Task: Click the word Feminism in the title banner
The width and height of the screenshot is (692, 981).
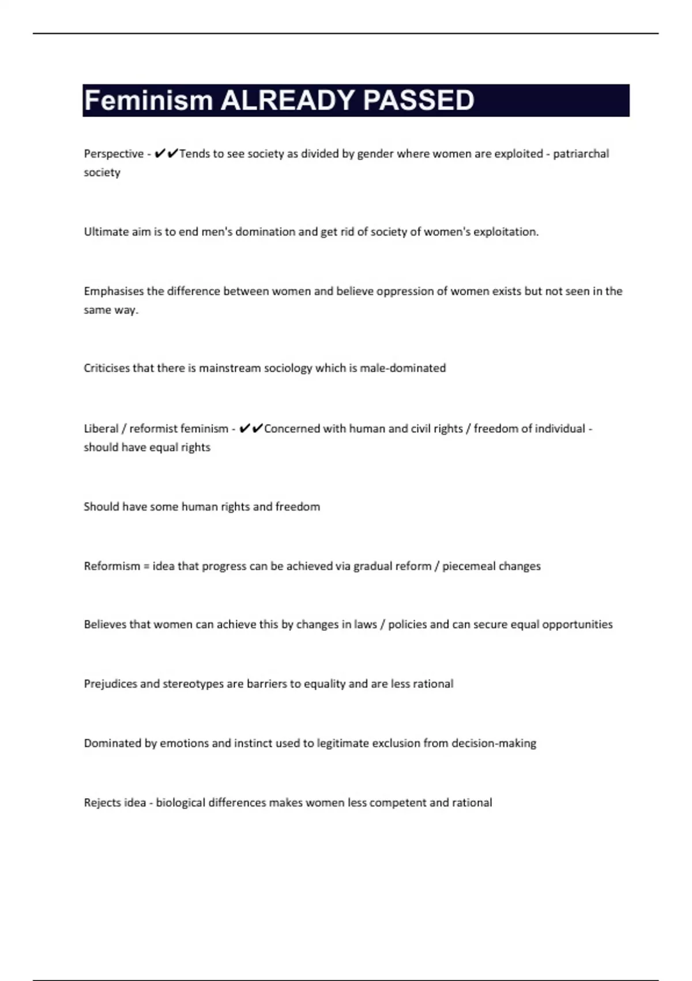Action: [149, 100]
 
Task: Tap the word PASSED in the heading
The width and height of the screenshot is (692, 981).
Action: [419, 100]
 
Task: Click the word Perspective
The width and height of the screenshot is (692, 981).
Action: [114, 154]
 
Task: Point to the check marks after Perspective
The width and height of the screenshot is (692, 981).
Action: [167, 153]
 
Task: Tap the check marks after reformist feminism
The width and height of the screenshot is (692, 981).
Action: [251, 428]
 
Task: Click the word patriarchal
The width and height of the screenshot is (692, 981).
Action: [581, 153]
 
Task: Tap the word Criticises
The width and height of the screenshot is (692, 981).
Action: [107, 368]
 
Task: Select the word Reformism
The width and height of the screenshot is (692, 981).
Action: [112, 566]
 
